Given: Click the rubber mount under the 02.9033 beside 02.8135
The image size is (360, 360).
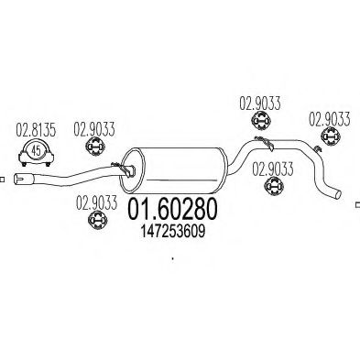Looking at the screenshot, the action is point(94,149).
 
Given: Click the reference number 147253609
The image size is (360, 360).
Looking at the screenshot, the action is point(173,233).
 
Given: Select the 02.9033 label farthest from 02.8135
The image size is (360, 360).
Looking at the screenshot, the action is point(327,118).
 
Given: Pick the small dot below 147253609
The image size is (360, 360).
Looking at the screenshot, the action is point(172,259).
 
